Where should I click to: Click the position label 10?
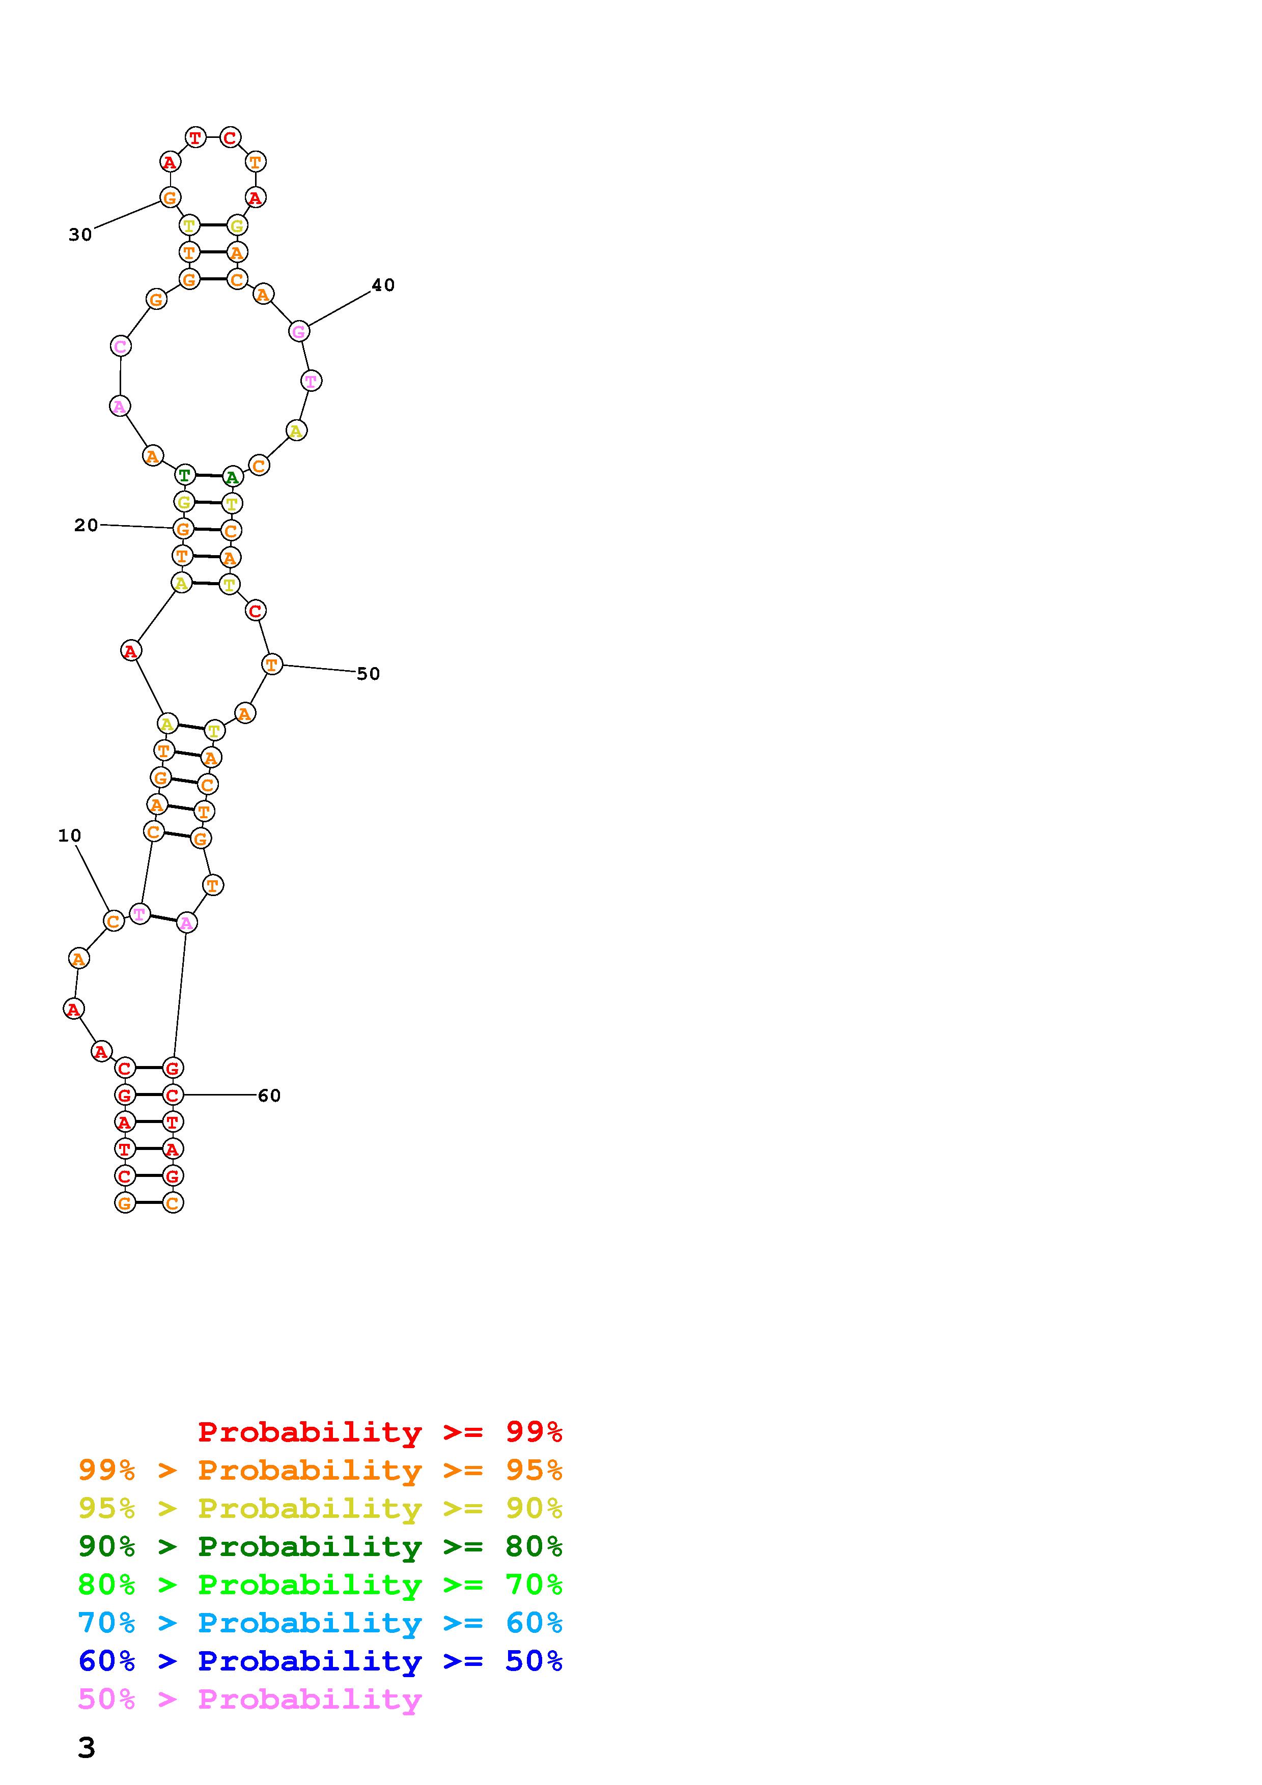point(69,836)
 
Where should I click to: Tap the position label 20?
point(87,526)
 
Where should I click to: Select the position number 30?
point(80,235)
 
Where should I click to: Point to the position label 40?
point(383,285)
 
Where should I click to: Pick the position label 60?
point(269,1096)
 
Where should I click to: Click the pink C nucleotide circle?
point(121,346)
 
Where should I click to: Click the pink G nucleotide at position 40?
point(299,331)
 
